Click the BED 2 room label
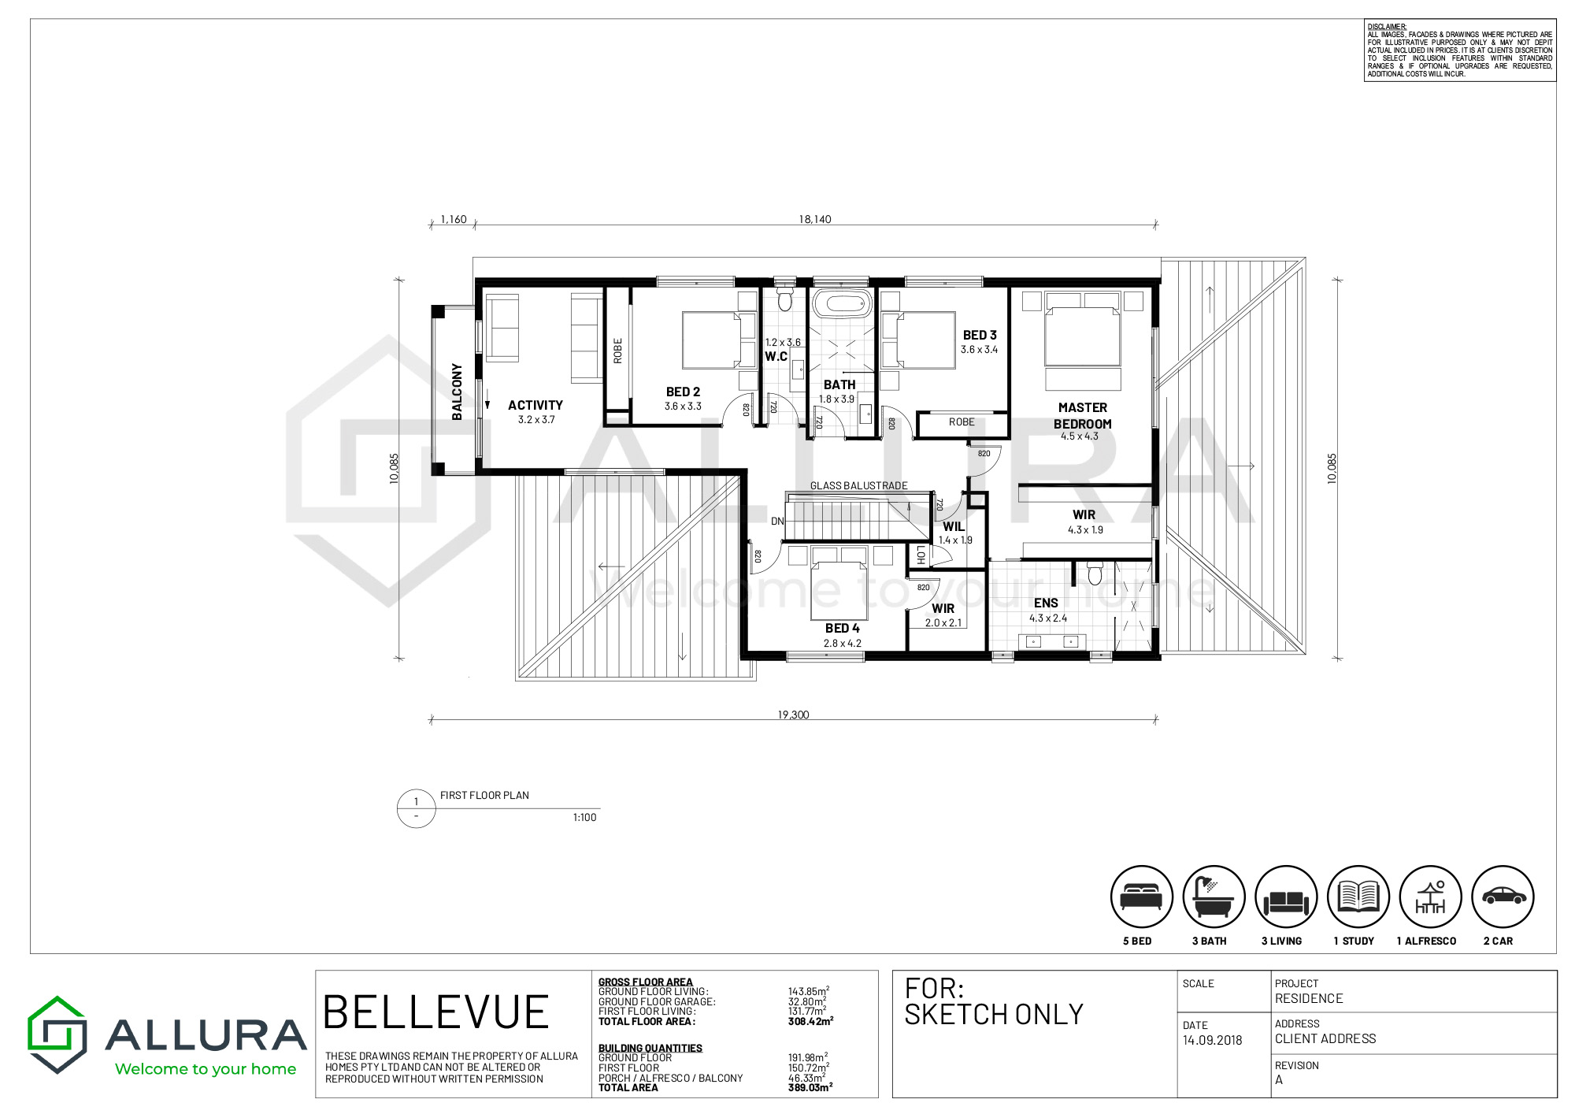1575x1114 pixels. pos(683,392)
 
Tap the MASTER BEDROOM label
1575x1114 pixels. pos(1083,415)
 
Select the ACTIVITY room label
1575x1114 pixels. pos(535,405)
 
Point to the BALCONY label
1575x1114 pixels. pos(457,392)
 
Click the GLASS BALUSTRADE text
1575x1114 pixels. pos(859,485)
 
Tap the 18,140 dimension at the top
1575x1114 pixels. pos(815,219)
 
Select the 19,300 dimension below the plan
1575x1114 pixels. pos(793,715)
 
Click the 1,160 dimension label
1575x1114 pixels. pos(454,219)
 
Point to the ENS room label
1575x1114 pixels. pos(1046,603)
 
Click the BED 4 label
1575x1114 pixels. pos(842,628)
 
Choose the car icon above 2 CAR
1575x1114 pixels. pos(1503,897)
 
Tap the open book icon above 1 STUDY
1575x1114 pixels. pos(1358,897)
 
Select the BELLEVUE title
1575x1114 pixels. pos(435,1012)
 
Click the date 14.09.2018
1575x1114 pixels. pos(1212,1040)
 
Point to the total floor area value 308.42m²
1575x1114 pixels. pos(810,1021)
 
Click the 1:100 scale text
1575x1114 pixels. pos(584,817)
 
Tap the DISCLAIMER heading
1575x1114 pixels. pos(1387,27)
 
